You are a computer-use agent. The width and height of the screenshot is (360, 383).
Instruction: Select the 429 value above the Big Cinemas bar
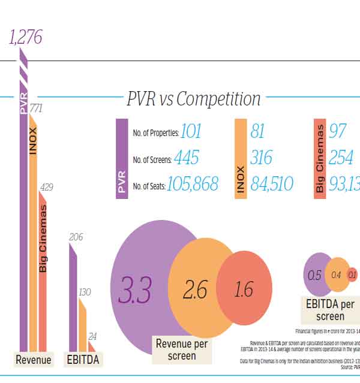pyautogui.click(x=46, y=188)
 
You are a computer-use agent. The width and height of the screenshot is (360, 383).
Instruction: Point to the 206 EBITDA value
pyautogui.click(x=76, y=237)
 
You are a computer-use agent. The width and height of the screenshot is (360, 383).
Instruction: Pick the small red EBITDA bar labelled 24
pyautogui.click(x=92, y=346)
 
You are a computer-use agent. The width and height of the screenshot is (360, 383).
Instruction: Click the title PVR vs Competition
pyautogui.click(x=193, y=99)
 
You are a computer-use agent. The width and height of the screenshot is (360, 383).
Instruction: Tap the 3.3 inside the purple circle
pyautogui.click(x=137, y=289)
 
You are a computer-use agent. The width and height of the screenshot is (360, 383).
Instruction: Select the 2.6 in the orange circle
pyautogui.click(x=195, y=290)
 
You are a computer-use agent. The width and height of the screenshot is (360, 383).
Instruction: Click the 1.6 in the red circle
pyautogui.click(x=243, y=290)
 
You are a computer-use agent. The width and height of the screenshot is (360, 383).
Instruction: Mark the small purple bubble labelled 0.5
pyautogui.click(x=314, y=276)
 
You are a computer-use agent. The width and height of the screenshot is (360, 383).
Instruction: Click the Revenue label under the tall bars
pyautogui.click(x=34, y=360)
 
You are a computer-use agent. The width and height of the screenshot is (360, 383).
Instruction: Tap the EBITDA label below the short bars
pyautogui.click(x=82, y=360)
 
